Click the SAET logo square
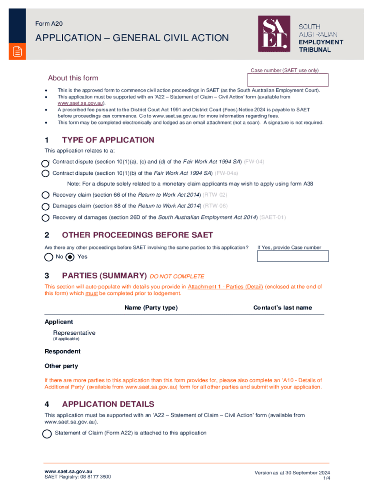coord(274,34)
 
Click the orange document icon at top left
coord(17,52)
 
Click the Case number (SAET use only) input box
coord(289,80)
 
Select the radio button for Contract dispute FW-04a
coord(45,173)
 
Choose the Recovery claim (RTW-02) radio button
coord(45,195)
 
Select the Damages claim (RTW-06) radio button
coord(45,206)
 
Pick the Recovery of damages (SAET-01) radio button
coord(45,218)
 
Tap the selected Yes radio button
coord(70,257)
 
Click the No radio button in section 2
coord(48,257)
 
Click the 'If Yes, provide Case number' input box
coord(293,256)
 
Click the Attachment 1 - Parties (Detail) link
coord(225,287)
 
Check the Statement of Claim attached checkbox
coord(47,434)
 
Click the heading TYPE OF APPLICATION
coord(108,140)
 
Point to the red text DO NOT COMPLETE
coord(177,277)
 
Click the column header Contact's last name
coord(282,308)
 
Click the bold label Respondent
coord(62,351)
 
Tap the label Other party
coord(61,366)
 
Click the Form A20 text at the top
coord(49,23)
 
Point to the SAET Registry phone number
coord(94,477)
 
